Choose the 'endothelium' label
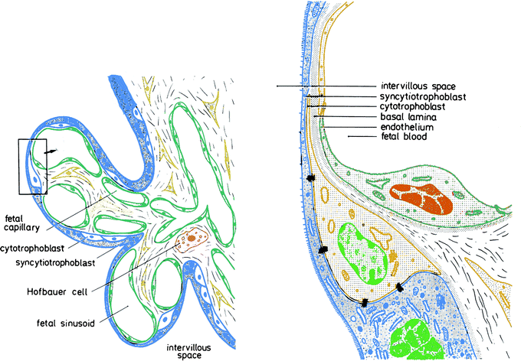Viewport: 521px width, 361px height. [408, 126]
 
